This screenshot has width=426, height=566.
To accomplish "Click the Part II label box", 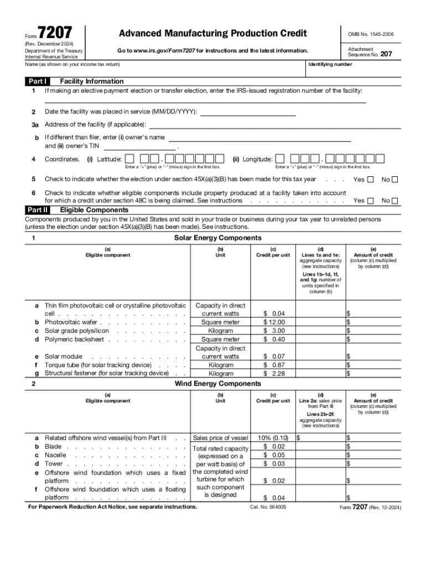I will click(38, 210).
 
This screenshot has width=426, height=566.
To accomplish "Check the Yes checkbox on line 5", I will click(371, 179).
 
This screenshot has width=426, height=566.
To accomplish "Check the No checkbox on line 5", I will click(395, 179).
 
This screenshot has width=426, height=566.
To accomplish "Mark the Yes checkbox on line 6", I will click(371, 201).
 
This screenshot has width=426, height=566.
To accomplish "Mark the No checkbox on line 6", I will click(395, 201).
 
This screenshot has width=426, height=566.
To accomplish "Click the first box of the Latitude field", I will click(129, 159).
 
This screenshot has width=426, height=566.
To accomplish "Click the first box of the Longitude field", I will click(280, 159).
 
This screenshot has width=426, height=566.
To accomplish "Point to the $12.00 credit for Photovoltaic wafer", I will click(274, 322).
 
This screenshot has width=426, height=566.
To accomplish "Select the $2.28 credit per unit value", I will click(274, 374).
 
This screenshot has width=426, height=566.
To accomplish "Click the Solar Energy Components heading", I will click(218, 238).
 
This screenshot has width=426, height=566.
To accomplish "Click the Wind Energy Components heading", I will click(218, 384).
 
